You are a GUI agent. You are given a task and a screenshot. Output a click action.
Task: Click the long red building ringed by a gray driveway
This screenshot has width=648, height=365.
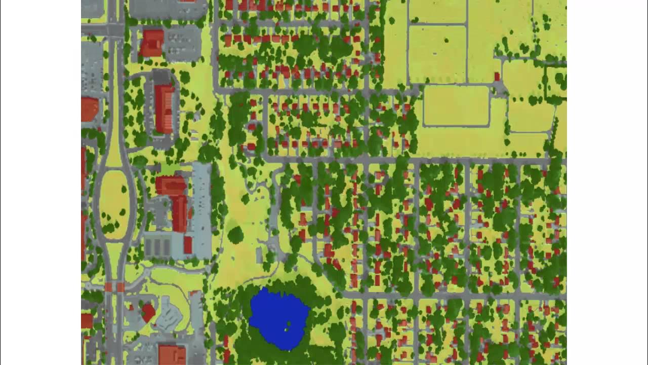pos(164,108)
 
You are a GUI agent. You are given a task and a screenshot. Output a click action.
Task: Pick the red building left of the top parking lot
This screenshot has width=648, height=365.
pos(152,43)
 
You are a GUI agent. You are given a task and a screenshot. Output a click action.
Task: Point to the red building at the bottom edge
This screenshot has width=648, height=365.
pos(172,354)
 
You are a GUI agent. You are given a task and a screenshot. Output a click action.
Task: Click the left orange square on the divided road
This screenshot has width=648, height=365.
pos(108,287)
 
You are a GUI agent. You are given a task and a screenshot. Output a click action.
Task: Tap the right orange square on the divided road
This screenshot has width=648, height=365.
pos(120,287)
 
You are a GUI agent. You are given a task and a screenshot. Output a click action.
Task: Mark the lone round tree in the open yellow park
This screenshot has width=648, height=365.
pos(235,235)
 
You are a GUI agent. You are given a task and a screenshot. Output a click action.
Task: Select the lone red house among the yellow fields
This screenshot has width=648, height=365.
pos(497,77)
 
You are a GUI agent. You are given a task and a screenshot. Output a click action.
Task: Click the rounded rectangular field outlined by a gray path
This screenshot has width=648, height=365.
pos(456,105)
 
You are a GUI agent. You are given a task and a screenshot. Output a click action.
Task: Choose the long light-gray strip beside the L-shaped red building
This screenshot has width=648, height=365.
pos(201,208)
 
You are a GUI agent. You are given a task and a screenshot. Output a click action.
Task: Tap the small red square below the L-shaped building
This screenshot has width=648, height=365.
pos(188,245)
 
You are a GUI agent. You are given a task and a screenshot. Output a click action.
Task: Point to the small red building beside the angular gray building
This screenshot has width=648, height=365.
pos(148,312)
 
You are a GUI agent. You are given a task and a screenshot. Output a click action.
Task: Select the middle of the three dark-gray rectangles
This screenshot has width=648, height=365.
pos(157,247)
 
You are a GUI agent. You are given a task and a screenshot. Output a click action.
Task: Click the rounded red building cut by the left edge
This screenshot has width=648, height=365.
pos(89,109)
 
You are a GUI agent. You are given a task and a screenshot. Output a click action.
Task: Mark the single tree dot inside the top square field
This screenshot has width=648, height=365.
pos(446,41)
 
